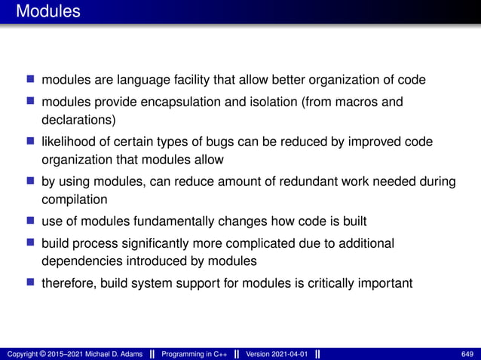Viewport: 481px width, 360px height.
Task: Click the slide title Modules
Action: coord(47,12)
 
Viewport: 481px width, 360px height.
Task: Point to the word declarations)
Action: coord(79,119)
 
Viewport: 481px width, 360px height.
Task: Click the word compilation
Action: coord(74,200)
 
